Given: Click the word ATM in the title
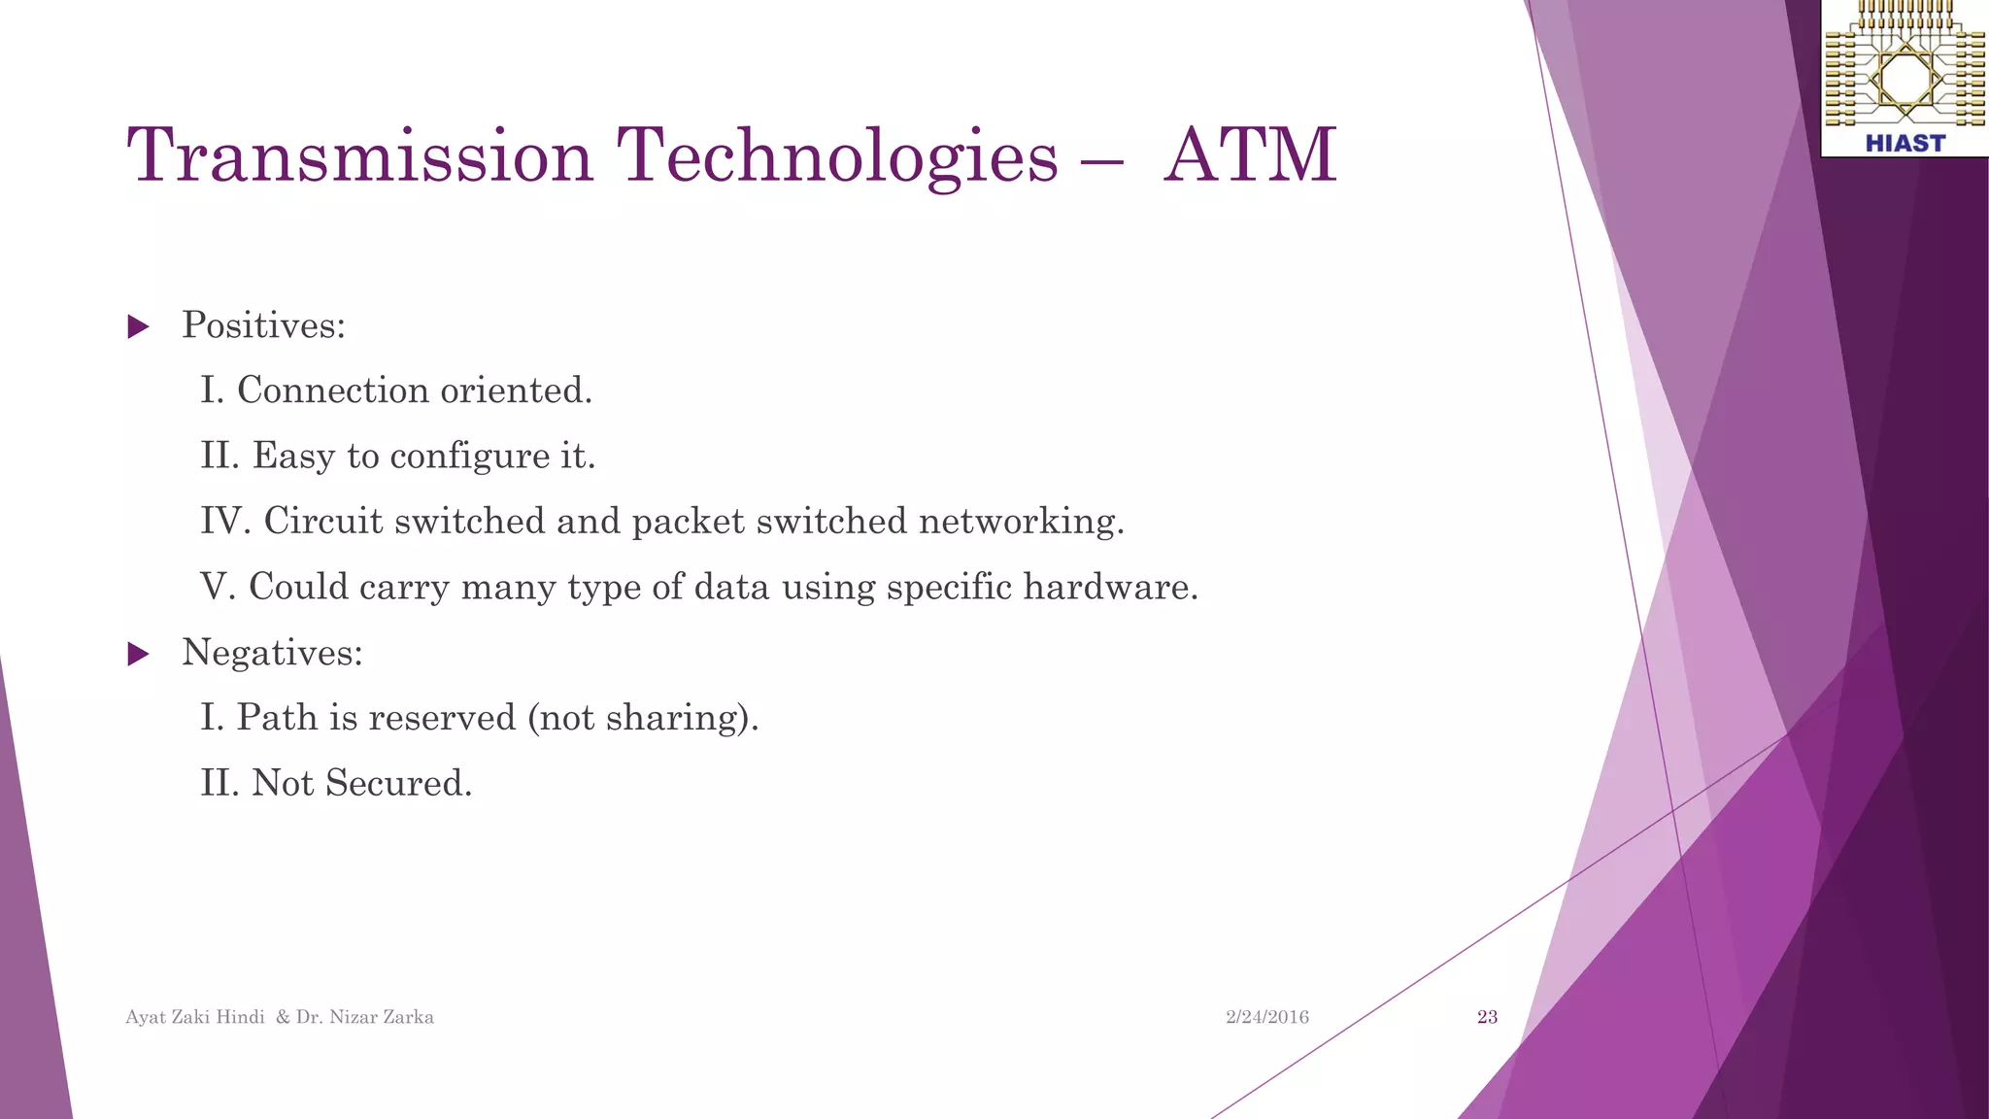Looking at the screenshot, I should [1250, 155].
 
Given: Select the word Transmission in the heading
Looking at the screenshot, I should [359, 155].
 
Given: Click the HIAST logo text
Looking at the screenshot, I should [1905, 144].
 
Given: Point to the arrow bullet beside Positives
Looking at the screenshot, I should [139, 326].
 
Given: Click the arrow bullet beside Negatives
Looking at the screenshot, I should [139, 654].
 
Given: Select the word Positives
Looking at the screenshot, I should [263, 325].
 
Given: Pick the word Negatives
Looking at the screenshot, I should [272, 653].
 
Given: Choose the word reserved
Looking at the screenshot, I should [442, 718].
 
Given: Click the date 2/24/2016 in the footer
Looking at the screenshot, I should [1266, 1017].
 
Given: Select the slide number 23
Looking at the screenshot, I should [1487, 1017].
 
